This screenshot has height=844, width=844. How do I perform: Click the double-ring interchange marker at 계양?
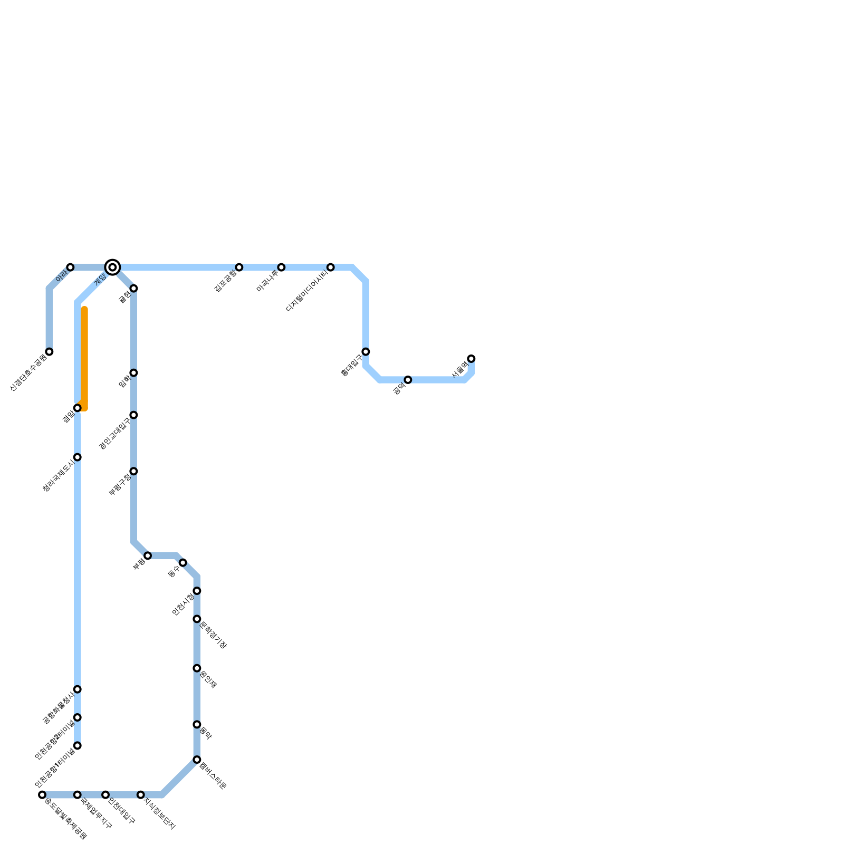[x=112, y=267]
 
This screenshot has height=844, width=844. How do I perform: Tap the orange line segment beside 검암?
[x=84, y=359]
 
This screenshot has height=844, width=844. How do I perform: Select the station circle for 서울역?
[x=471, y=359]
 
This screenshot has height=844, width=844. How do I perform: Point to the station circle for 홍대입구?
[x=366, y=352]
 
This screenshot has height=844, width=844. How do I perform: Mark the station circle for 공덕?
[x=408, y=380]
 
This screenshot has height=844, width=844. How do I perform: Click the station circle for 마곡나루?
[x=281, y=267]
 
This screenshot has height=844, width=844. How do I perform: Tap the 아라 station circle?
[x=70, y=267]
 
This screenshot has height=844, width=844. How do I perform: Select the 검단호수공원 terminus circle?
[x=49, y=352]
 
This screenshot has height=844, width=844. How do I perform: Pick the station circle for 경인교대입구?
[x=133, y=415]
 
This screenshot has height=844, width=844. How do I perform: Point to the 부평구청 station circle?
[x=133, y=471]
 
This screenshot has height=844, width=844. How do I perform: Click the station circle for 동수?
[x=183, y=563]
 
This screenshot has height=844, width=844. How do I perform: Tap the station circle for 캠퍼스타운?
[x=197, y=760]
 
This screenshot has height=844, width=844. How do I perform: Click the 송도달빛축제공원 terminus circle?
[x=42, y=795]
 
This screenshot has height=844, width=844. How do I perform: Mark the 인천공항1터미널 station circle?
[x=78, y=745]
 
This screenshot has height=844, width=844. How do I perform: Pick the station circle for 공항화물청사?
[x=78, y=689]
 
